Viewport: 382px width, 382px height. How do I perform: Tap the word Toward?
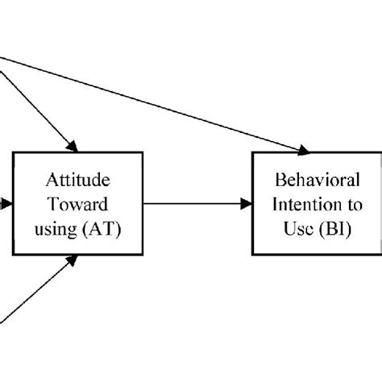point(76,205)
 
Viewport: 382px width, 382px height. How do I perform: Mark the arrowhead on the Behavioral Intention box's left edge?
point(247,204)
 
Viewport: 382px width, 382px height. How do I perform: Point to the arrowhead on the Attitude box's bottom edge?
point(74,260)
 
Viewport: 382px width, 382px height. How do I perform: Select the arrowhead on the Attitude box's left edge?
point(6,205)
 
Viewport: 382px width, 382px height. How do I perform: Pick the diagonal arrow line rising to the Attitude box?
point(36,290)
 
